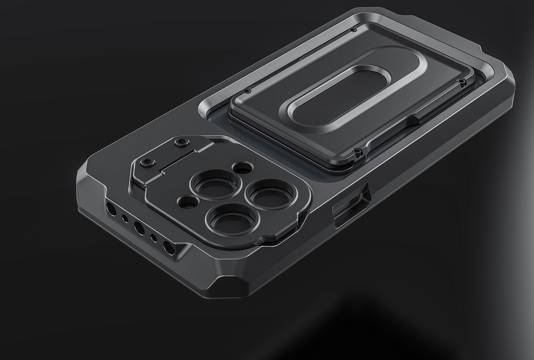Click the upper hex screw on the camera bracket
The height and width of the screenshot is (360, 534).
tap(181, 143)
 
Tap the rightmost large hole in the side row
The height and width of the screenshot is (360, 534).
tap(169, 248)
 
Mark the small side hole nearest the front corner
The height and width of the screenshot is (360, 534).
tap(154, 238)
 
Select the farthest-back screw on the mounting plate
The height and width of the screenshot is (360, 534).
tap(353, 30)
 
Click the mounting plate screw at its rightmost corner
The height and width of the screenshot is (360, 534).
tap(462, 81)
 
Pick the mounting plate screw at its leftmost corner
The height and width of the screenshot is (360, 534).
tap(247, 90)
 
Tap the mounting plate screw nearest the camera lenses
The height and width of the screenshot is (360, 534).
tap(357, 151)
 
